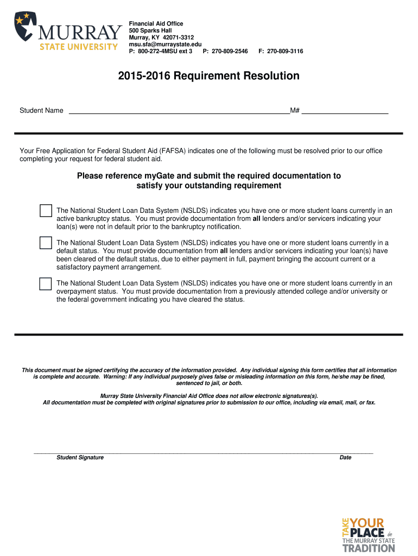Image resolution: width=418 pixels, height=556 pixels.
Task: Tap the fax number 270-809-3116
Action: coord(284,51)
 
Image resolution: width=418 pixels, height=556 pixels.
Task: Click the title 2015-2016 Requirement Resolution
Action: coord(208,76)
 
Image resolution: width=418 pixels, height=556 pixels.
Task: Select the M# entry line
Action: coord(345,112)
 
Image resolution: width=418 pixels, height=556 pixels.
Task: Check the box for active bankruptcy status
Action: coord(46,211)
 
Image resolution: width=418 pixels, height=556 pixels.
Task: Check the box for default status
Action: coord(46,243)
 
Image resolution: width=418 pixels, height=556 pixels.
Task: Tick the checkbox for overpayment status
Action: coord(46,283)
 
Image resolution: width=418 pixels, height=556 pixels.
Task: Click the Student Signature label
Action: coord(80,457)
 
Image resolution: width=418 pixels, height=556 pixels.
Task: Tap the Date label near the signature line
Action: coord(345,457)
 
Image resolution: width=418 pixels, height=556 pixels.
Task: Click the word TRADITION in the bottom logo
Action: coord(369,548)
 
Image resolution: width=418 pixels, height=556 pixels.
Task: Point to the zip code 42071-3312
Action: coord(175,37)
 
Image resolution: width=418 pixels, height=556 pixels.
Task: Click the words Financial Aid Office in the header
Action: coord(156,24)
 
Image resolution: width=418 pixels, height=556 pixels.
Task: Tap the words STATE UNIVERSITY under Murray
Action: coord(79,46)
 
